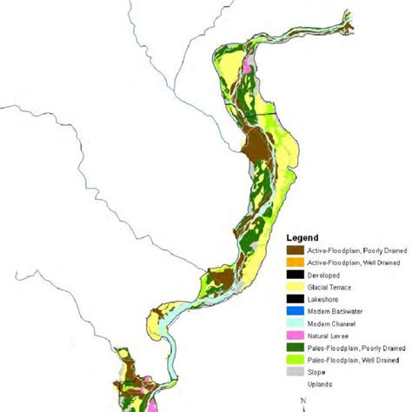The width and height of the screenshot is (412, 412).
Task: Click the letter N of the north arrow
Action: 302,401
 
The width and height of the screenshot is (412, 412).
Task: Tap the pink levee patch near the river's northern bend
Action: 247,63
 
